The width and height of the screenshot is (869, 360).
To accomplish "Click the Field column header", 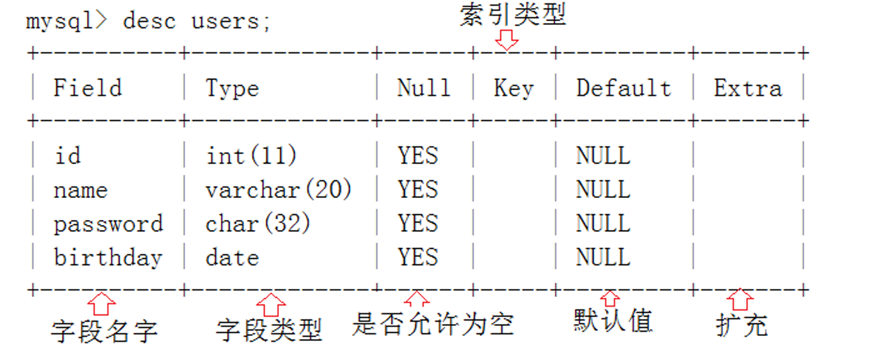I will click(x=88, y=88).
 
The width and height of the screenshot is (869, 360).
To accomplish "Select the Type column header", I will click(x=232, y=88).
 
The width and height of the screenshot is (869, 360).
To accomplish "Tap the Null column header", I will click(x=424, y=88).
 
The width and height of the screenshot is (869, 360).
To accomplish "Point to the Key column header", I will click(x=514, y=88).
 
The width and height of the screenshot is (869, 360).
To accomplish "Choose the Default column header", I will click(x=623, y=88).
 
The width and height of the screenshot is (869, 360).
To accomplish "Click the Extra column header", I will click(x=748, y=88).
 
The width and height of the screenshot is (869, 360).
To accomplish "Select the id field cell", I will click(x=68, y=156).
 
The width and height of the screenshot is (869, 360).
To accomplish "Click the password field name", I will click(x=108, y=223).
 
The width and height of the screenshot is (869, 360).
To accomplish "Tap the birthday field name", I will click(x=108, y=258).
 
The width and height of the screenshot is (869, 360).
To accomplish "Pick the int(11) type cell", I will click(x=251, y=156).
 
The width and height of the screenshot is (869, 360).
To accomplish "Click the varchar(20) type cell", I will click(x=278, y=189).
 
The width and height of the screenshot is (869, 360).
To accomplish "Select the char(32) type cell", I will click(x=258, y=223).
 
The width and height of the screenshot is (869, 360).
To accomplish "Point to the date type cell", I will click(x=232, y=258).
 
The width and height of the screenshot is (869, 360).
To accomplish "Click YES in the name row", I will click(x=418, y=189).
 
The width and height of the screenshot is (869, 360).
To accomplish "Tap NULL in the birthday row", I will click(x=603, y=258).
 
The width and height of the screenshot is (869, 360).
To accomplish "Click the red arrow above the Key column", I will click(x=506, y=40).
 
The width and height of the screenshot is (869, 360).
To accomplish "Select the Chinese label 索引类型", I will click(x=513, y=14).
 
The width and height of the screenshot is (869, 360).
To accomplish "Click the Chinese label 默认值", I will click(x=613, y=321).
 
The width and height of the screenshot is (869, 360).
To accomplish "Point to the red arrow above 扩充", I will click(x=740, y=299).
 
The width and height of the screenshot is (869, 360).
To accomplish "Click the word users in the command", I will click(x=225, y=21).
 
